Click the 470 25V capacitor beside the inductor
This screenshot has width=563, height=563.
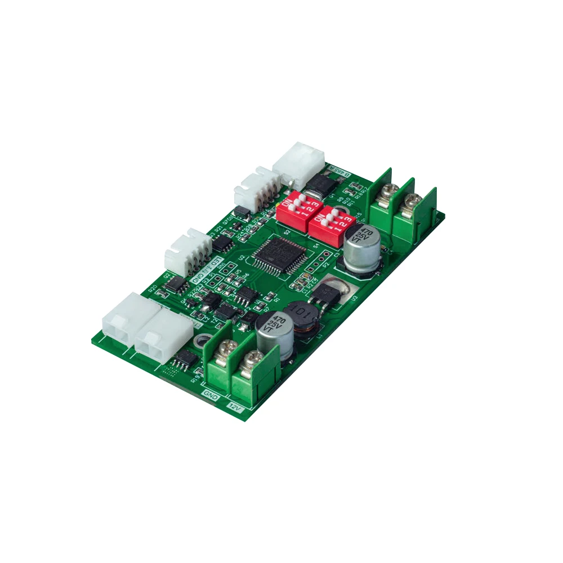pyautogui.click(x=275, y=333)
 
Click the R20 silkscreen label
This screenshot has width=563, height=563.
pyautogui.click(x=153, y=288)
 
